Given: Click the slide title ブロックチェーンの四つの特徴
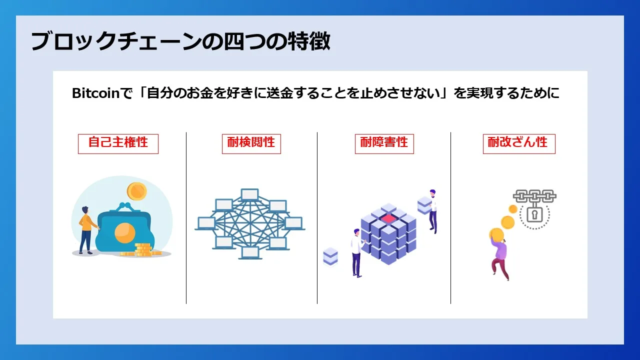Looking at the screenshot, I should [x=180, y=42].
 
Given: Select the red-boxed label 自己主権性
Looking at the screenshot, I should [x=118, y=143].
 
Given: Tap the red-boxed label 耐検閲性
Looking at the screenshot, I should [x=251, y=143].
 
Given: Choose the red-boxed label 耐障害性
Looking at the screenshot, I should [x=384, y=143].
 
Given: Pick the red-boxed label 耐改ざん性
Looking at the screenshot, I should [x=518, y=143].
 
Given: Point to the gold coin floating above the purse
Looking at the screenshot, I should [x=136, y=190].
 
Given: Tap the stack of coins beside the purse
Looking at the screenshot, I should [x=143, y=249].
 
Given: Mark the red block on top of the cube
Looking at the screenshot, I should [x=388, y=218].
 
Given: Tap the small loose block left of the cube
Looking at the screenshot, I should [x=330, y=256].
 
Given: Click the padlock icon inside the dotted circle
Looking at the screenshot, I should [x=534, y=215].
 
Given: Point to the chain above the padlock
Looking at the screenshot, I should [x=534, y=195].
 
